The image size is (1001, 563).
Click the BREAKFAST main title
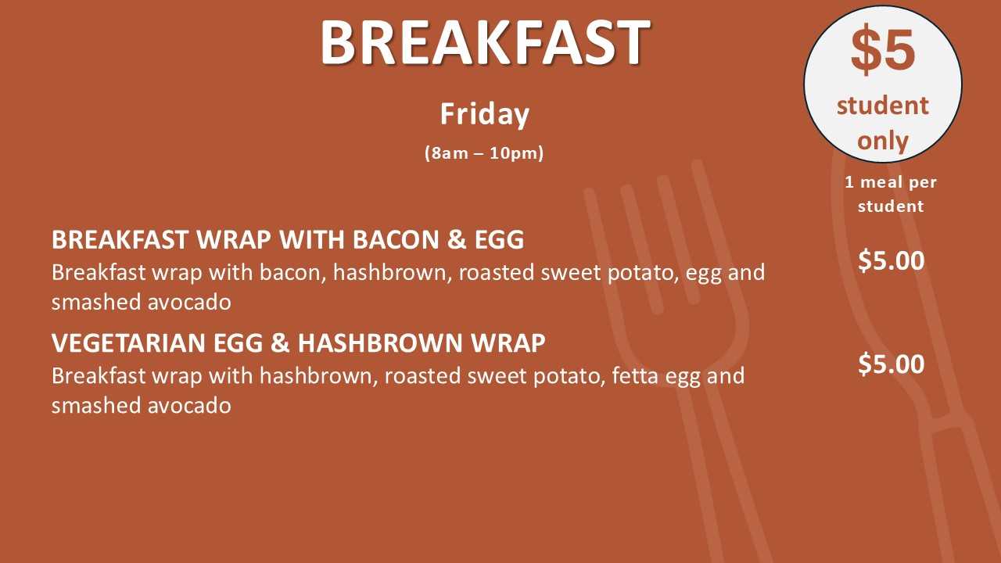[485, 43]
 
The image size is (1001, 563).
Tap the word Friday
[485, 114]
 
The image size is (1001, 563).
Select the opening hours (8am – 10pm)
[484, 153]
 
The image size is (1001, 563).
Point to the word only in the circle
[883, 142]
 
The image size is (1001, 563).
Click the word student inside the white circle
[883, 106]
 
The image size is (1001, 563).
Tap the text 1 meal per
[891, 182]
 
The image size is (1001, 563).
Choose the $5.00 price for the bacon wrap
[891, 260]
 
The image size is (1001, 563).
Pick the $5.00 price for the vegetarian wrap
[891, 364]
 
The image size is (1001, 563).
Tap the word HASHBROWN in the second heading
[380, 343]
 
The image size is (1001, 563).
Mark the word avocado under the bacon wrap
[189, 302]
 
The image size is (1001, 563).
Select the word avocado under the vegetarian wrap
[189, 405]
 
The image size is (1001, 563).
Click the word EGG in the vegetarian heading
[239, 343]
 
